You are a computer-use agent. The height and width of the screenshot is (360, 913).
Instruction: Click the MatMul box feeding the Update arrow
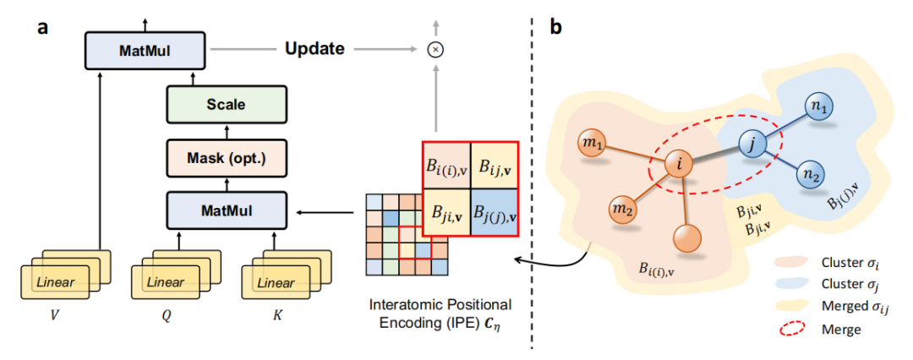tap(145, 50)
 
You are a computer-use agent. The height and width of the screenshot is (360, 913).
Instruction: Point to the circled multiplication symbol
tap(436, 50)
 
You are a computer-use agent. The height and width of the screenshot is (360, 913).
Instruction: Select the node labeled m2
tap(624, 208)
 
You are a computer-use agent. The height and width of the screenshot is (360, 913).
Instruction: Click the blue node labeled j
tap(751, 144)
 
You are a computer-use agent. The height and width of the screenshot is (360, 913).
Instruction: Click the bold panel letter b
tap(555, 27)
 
